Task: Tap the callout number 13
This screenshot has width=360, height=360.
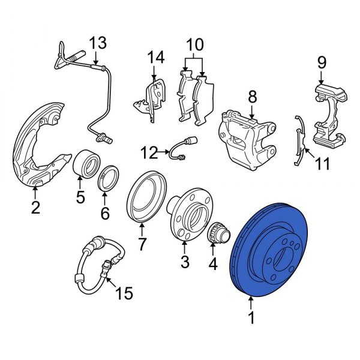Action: pos(97,43)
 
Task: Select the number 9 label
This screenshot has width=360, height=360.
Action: pos(321,62)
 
